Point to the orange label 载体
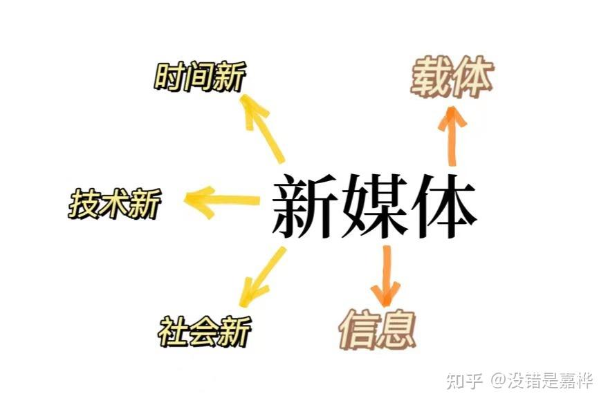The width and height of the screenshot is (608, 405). point(451,77)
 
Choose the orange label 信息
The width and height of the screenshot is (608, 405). point(377,330)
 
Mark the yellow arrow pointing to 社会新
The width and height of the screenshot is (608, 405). point(262,277)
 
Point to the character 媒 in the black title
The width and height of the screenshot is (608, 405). point(374,205)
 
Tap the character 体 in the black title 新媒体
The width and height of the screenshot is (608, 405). point(442,205)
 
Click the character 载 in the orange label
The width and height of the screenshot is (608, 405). point(431,77)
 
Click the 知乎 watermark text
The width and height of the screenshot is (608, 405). point(464,381)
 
